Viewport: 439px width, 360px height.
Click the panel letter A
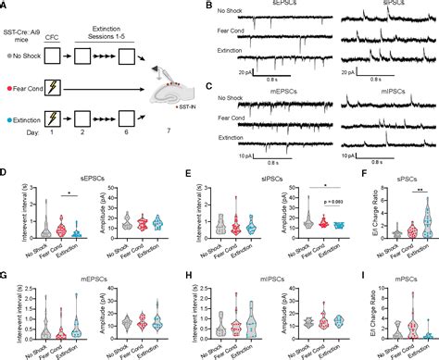point(6,7)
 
